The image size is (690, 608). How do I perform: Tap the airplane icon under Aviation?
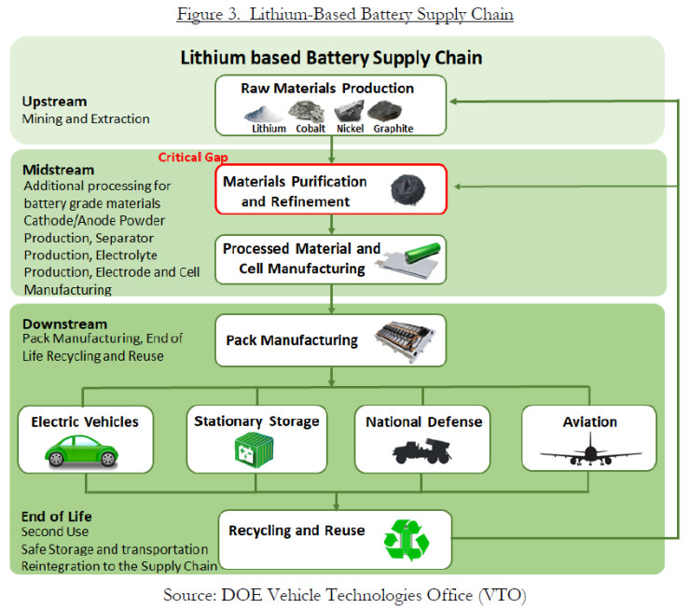590,452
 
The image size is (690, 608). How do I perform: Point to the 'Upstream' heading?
54,101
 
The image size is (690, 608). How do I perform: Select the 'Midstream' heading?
59,170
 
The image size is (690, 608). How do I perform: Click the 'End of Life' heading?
57,516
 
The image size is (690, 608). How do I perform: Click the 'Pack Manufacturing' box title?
292,340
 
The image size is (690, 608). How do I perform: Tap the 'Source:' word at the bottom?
191,594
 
